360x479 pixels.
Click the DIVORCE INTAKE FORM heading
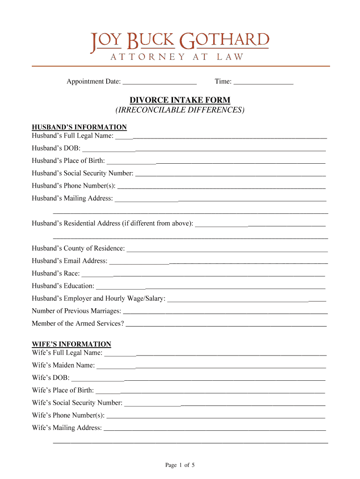pos(180,100)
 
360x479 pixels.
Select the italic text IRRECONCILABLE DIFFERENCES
pos(180,110)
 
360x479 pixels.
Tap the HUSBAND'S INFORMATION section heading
pos(79,127)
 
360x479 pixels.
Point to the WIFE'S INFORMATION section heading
pos(72,344)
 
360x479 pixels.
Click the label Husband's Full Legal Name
pos(72,136)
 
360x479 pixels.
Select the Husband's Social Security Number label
pos(83,173)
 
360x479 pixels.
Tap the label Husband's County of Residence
pos(79,248)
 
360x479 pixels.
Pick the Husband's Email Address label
pos(70,261)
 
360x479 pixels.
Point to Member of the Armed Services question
pos(78,323)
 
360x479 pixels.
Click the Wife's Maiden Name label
pos(64,365)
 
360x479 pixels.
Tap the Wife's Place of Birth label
pos(63,390)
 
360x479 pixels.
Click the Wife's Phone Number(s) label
pos(68,415)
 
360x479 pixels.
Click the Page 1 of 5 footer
pos(180,465)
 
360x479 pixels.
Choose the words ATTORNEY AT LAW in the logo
pos(177,57)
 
